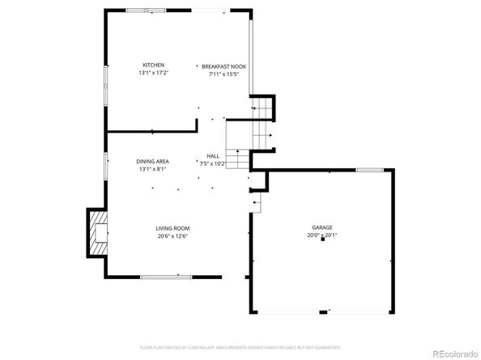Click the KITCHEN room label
tap(154, 65)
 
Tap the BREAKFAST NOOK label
tap(223, 66)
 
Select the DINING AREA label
tap(152, 162)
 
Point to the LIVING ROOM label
tap(172, 228)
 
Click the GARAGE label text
tap(322, 228)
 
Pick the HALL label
tap(212, 155)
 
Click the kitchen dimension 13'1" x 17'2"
tap(154, 74)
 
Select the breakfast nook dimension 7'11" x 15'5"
tap(223, 74)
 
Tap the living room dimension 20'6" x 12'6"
tap(172, 236)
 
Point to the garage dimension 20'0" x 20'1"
tap(322, 235)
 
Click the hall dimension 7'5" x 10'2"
tap(212, 163)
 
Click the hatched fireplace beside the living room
tap(97, 232)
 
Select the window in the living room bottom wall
tap(166, 277)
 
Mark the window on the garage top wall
tap(370, 170)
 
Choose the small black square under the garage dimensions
tap(322, 240)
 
